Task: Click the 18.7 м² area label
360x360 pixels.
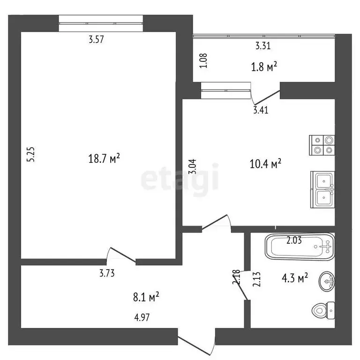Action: point(104,159)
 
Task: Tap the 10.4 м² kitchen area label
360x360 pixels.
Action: point(265,164)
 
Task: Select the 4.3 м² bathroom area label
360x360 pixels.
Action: point(294,277)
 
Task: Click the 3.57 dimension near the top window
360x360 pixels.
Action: point(96,40)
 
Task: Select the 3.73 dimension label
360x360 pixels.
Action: point(107,272)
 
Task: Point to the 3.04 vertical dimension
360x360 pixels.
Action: point(193,167)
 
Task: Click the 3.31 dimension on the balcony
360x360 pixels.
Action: point(263,46)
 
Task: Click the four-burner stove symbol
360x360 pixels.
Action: point(322,145)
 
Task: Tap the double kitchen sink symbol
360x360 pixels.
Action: point(323,189)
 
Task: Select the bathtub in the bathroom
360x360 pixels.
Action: point(300,246)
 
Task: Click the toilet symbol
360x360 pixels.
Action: point(323,310)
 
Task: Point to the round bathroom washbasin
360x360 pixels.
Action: point(327,281)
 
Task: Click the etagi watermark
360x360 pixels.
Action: point(180,178)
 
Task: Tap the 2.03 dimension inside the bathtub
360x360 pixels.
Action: point(294,241)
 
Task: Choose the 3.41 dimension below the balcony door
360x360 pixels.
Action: point(261,111)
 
